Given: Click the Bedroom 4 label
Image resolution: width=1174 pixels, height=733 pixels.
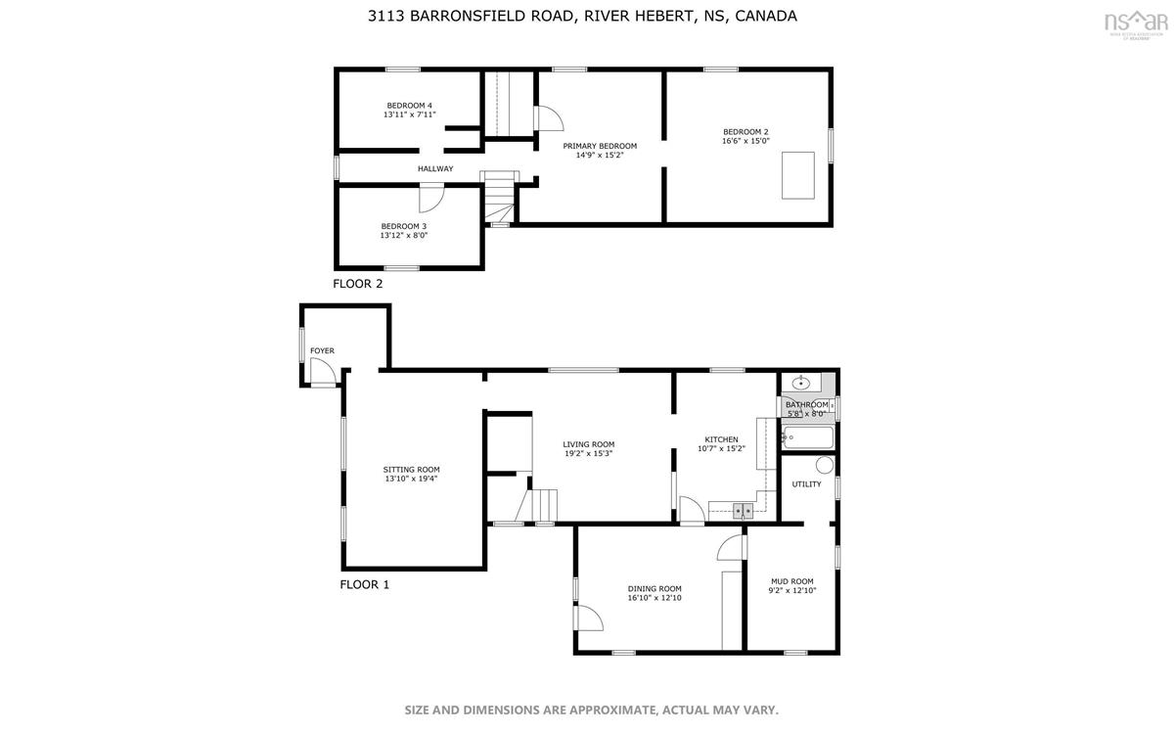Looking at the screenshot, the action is point(409,106).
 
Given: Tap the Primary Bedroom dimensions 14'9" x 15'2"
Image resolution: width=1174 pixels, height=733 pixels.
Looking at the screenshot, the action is point(600,156).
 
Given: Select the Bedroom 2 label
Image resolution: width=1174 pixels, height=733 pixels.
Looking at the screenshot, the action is point(745,131).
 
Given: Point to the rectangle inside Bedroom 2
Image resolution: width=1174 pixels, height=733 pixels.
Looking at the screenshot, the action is point(797,175).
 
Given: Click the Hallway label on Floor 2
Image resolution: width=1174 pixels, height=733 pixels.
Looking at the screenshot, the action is point(435,169).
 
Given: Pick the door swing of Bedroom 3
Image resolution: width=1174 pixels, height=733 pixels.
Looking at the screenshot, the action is point(431,198).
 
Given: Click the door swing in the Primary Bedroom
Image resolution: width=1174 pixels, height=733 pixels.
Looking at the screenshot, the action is point(549,118).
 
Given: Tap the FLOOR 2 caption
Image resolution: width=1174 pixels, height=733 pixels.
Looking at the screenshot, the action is point(357,284).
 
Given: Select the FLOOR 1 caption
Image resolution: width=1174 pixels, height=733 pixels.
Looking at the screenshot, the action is point(365,584).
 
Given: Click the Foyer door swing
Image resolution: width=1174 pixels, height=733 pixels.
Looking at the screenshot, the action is point(323,372).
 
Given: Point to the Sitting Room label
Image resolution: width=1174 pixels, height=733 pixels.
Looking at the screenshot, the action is point(412,470).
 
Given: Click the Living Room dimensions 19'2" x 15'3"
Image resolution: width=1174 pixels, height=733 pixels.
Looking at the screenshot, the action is point(589,453).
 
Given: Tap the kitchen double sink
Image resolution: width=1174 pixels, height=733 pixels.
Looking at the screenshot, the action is point(743,510).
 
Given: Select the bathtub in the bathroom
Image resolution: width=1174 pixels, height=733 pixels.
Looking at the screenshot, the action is point(808,437).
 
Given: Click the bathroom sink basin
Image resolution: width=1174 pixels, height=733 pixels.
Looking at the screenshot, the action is point(801,384).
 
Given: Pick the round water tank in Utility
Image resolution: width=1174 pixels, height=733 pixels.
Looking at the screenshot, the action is point(825,465).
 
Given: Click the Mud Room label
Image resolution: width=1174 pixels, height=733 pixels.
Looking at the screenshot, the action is point(792,581).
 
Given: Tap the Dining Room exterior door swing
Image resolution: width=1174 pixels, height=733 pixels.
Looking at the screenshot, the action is point(589,618).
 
